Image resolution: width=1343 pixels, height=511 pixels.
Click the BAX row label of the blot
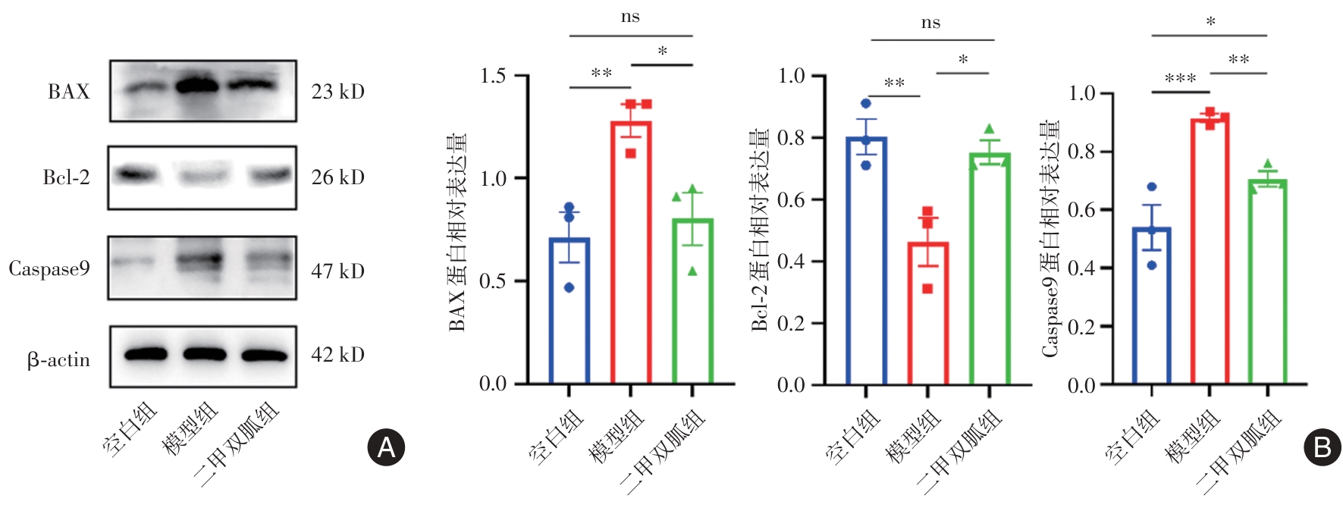(x=68, y=92)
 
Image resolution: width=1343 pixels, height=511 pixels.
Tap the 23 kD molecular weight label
(x=337, y=92)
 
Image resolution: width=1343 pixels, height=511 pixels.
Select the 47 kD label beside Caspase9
(x=337, y=271)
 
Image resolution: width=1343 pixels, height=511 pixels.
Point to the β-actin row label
(x=58, y=359)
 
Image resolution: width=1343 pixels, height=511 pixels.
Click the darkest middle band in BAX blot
(x=202, y=85)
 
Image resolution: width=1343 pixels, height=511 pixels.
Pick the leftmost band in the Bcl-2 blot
(x=136, y=175)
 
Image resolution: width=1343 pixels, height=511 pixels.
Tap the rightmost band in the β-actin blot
(x=264, y=355)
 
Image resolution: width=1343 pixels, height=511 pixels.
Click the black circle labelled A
(x=386, y=447)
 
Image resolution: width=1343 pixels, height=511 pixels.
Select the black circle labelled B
(x=1322, y=447)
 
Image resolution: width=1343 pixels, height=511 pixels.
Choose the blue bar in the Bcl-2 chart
(x=866, y=262)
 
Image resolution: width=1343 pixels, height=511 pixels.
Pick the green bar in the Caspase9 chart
(x=1267, y=282)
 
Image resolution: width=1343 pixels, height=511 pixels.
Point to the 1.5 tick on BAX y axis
(x=493, y=76)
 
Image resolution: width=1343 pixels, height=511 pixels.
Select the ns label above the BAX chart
(x=630, y=17)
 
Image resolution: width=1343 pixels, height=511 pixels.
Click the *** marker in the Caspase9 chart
(x=1180, y=79)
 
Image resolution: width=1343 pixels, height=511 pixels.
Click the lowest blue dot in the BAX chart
(x=570, y=287)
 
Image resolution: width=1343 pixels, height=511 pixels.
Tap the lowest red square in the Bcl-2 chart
(x=927, y=288)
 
